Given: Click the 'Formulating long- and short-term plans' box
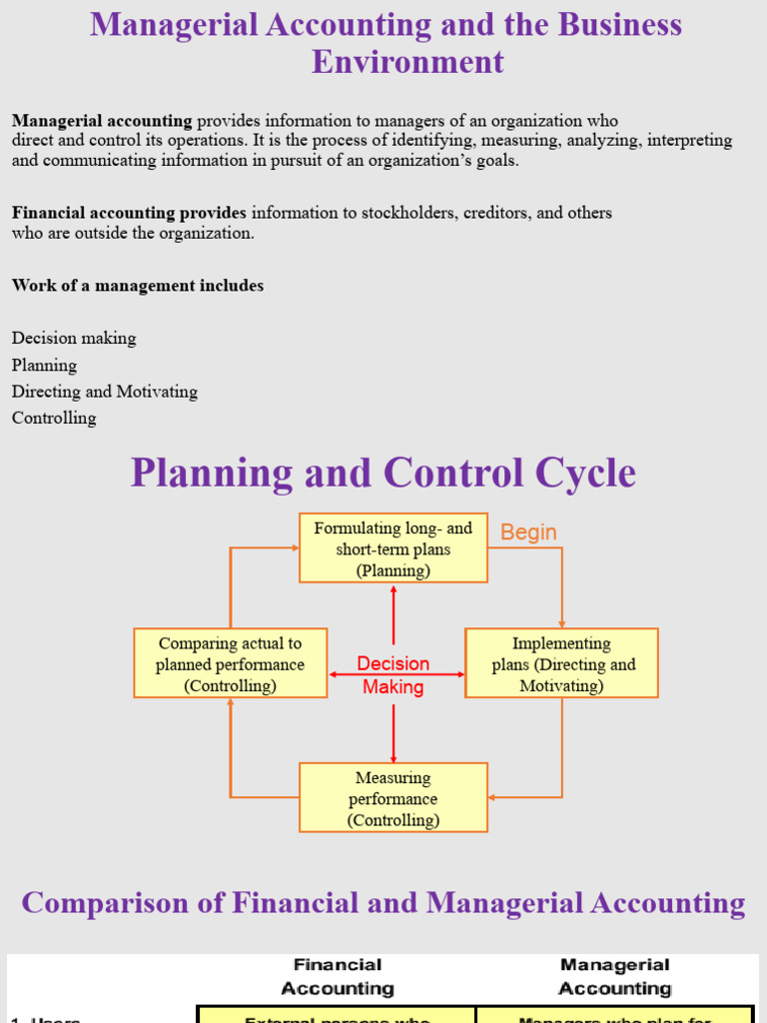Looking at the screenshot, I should tap(393, 548).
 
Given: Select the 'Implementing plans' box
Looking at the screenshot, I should tap(561, 664).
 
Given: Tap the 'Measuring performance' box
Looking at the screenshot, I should tap(393, 798).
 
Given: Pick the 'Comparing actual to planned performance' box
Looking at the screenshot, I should tap(230, 664).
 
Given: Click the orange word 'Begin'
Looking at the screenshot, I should tap(528, 532).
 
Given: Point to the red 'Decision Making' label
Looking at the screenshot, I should tap(393, 675).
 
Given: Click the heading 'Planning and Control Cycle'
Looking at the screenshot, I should tap(383, 473).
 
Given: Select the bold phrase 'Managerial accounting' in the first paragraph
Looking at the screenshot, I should tap(102, 121).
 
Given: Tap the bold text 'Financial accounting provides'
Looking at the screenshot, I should tap(129, 213).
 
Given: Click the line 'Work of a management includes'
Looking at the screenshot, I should tap(138, 286).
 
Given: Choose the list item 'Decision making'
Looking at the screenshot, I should tap(74, 339).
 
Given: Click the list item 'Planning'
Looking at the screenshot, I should tap(44, 366).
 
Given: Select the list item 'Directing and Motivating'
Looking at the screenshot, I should tap(105, 392).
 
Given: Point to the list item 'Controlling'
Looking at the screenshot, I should tap(54, 419).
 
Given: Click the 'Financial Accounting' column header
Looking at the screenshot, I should tap(338, 977).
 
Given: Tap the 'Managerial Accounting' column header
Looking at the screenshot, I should tap(614, 977).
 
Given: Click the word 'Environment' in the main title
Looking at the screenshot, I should tap(407, 62).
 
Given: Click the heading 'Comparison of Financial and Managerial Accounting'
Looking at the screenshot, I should tap(383, 903).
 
